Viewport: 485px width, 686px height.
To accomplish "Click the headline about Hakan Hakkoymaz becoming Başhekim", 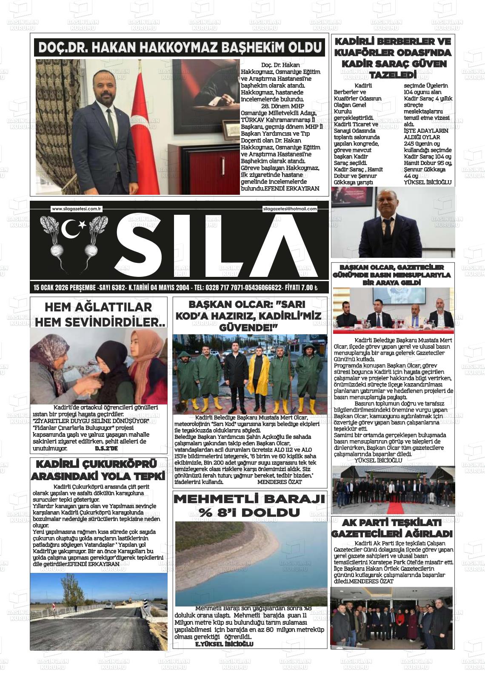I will [x=180, y=48].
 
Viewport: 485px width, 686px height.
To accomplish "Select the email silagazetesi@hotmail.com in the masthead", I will [x=290, y=209].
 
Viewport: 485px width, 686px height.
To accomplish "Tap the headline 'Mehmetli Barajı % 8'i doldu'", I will [x=250, y=505].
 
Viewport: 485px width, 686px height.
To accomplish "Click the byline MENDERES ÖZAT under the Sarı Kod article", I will [x=280, y=482].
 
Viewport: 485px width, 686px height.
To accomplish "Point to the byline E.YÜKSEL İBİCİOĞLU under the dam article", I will [x=224, y=644].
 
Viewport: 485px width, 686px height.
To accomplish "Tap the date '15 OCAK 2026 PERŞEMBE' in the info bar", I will [x=65, y=288].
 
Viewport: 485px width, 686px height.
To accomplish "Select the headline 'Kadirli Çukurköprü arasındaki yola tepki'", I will [x=98, y=470].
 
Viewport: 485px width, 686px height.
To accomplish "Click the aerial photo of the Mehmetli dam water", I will [x=251, y=564].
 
